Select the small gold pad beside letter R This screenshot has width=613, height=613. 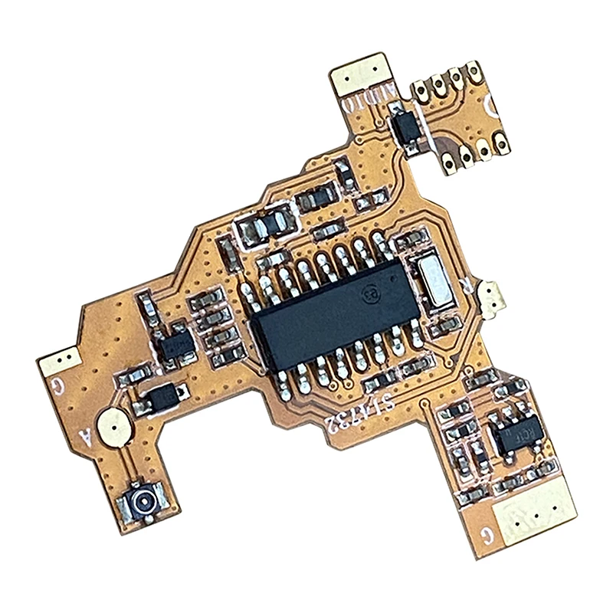click(491, 296)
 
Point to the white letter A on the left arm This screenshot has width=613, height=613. click(87, 438)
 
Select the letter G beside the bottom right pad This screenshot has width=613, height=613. click(484, 529)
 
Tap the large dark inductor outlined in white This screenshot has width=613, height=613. click(264, 224)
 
